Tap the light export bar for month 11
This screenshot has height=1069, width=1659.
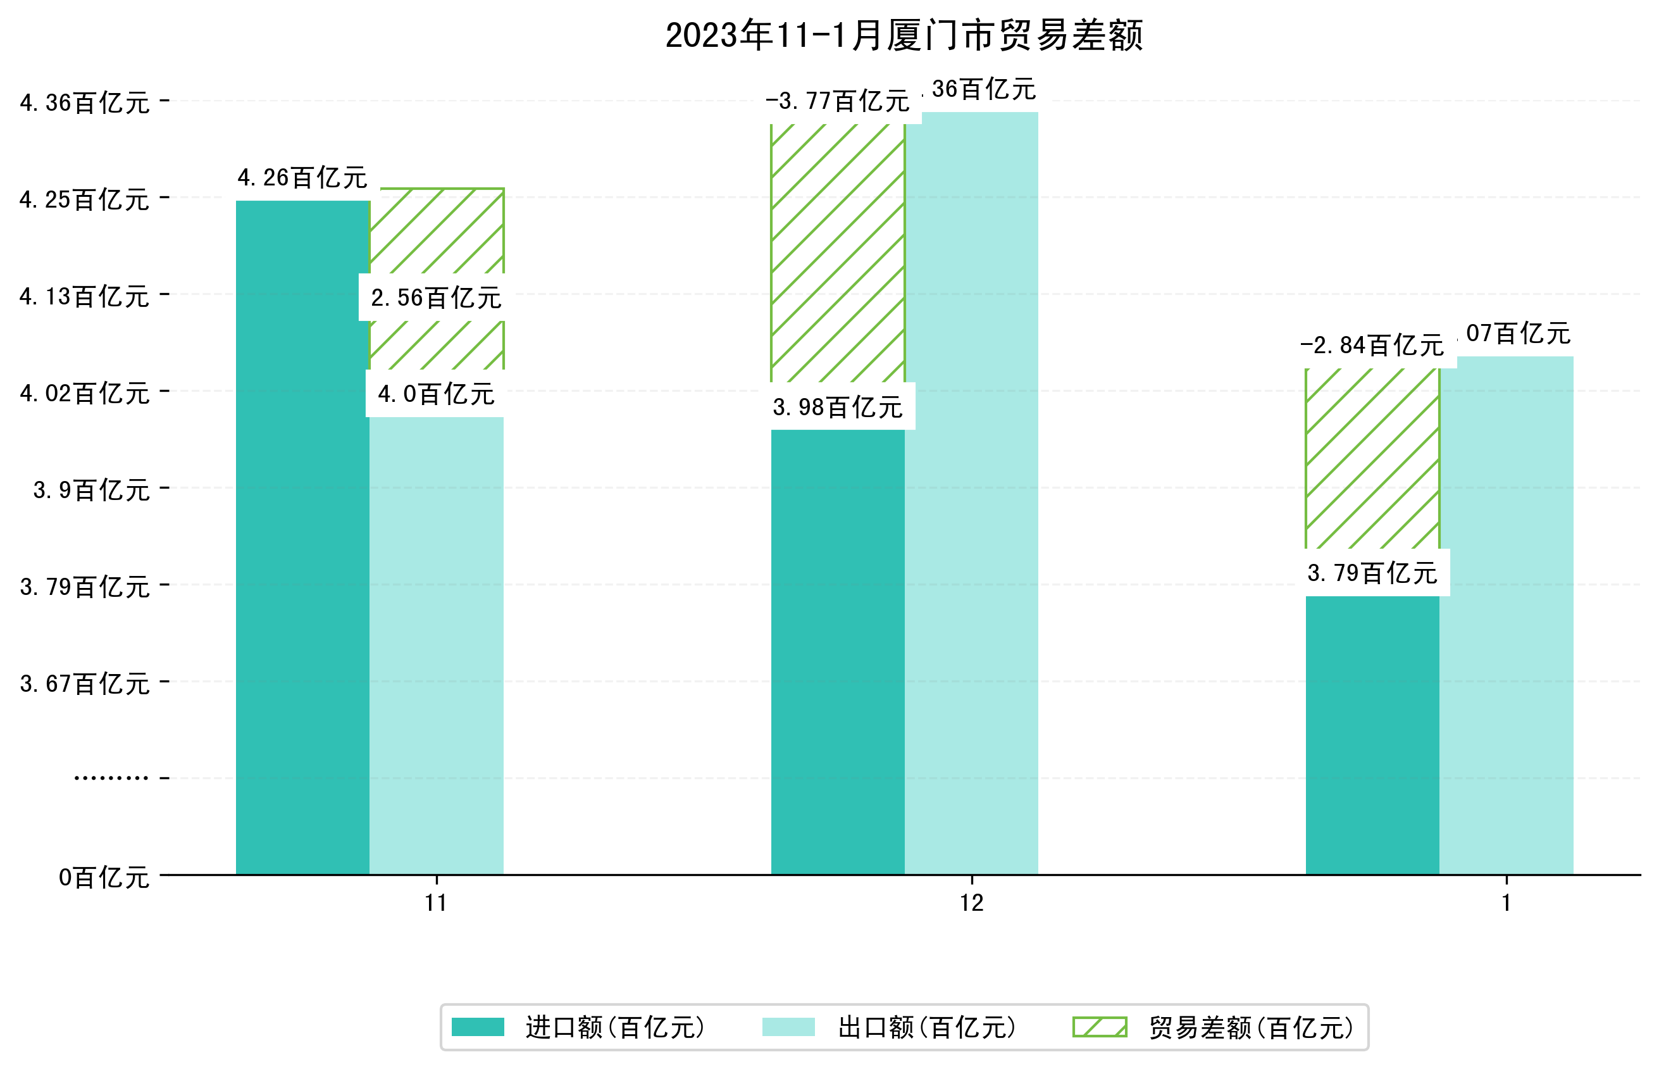click(x=437, y=646)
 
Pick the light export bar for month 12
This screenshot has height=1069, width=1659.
click(x=971, y=493)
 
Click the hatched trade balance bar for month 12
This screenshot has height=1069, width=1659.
click(x=838, y=253)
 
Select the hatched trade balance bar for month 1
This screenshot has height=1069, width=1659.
click(x=1372, y=458)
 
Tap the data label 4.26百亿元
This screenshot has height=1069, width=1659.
click(x=302, y=178)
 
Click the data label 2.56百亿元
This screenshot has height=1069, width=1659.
click(x=436, y=298)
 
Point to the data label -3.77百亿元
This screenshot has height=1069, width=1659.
click(x=838, y=101)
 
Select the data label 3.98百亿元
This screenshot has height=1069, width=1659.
click(x=838, y=407)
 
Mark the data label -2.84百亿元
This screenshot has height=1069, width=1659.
click(x=1372, y=345)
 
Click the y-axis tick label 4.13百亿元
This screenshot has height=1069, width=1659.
click(x=85, y=296)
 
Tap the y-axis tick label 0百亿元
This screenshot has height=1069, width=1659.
click(x=104, y=877)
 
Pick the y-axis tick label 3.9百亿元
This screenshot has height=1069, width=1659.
click(x=92, y=490)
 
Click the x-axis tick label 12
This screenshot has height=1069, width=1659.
click(x=971, y=903)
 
